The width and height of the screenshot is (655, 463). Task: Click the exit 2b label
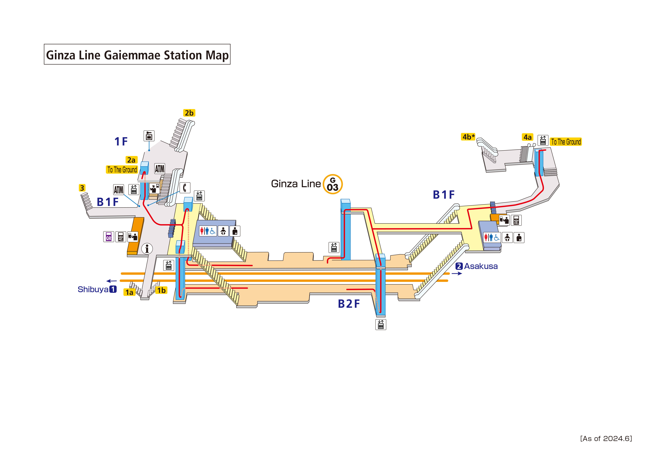pos(189,113)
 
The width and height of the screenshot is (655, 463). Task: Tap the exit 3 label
pos(82,188)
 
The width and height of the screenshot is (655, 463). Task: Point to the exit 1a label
pos(129,292)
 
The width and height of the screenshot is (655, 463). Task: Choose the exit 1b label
pos(161,290)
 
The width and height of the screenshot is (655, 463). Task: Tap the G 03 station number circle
pos(333,184)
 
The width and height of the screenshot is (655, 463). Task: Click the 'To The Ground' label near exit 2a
pos(122,170)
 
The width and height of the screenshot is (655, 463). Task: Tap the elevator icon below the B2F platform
pos(381,325)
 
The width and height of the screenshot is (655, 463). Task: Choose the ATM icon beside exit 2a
pos(160,169)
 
